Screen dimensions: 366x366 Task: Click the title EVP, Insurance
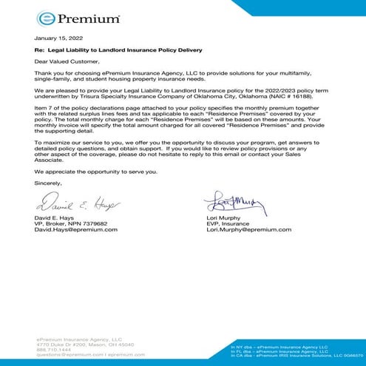click(231, 224)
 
